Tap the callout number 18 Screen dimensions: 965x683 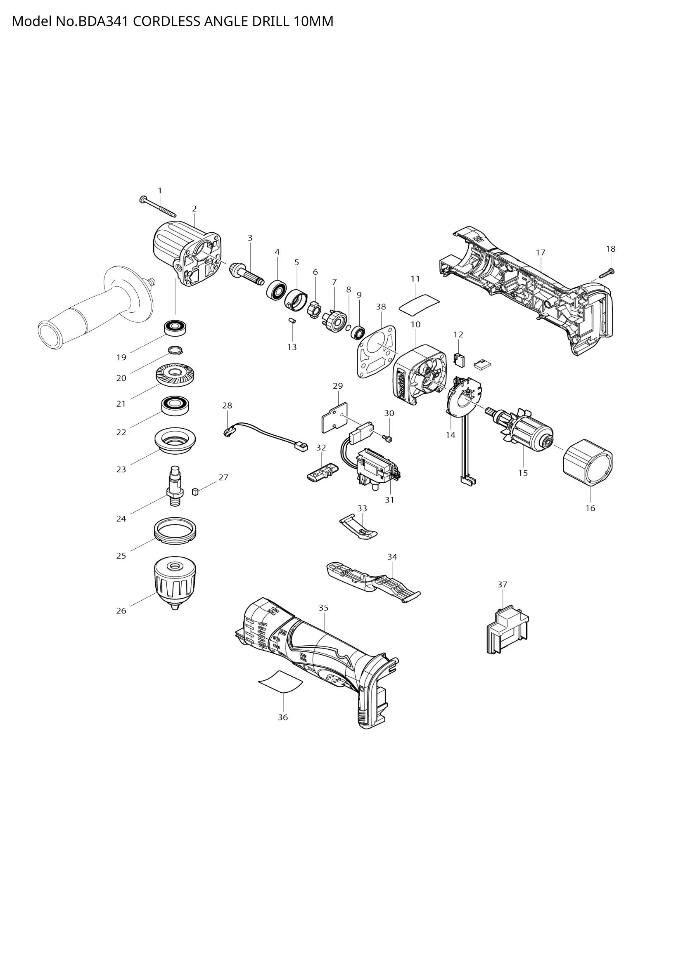(x=610, y=249)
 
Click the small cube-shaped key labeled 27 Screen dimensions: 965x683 (x=195, y=491)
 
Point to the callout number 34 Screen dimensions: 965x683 (x=392, y=557)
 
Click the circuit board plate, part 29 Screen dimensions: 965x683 (x=335, y=418)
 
